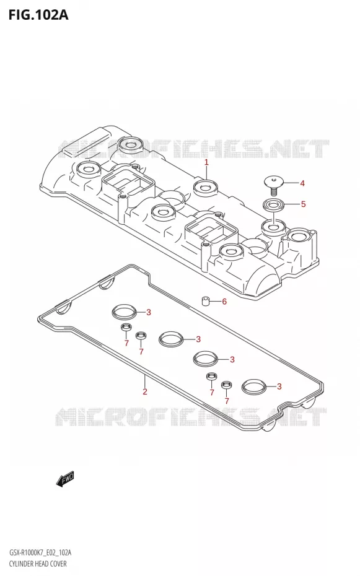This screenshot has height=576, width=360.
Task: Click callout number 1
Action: pyautogui.click(x=206, y=162)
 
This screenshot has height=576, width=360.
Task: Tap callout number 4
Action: pyautogui.click(x=302, y=183)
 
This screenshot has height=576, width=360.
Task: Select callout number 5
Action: pyautogui.click(x=303, y=204)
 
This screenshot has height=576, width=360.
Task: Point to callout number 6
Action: pyautogui.click(x=224, y=302)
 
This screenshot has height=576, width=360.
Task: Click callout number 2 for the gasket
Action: pyautogui.click(x=145, y=391)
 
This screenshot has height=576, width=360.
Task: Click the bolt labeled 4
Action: pyautogui.click(x=273, y=186)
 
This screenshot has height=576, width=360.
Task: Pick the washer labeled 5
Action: pyautogui.click(x=273, y=204)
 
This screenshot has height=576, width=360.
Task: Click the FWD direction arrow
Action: pyautogui.click(x=66, y=479)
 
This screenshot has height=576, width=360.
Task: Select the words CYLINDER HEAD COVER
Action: pyautogui.click(x=37, y=564)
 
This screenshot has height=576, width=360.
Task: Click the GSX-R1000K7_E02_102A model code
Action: pyautogui.click(x=40, y=553)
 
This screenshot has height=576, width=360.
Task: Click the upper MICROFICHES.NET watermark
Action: pyautogui.click(x=193, y=149)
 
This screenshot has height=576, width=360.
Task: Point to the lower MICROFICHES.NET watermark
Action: pyautogui.click(x=191, y=417)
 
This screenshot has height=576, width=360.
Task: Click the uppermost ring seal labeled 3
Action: pyautogui.click(x=125, y=312)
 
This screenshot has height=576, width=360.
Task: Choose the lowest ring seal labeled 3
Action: pyautogui.click(x=254, y=386)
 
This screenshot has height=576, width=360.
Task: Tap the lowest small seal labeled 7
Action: pyautogui.click(x=226, y=385)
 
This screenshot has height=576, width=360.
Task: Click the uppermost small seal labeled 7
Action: pyautogui.click(x=126, y=326)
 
